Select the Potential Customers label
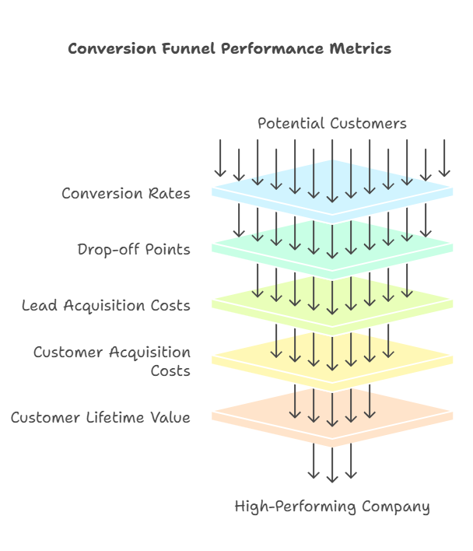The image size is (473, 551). (331, 124)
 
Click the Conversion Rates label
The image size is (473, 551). (126, 194)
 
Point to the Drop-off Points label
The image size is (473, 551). (134, 250)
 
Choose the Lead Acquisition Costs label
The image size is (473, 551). (106, 305)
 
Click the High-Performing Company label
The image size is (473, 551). (332, 507)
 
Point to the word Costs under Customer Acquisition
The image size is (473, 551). (170, 371)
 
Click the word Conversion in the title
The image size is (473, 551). (107, 49)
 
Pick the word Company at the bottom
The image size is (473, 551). (395, 507)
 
